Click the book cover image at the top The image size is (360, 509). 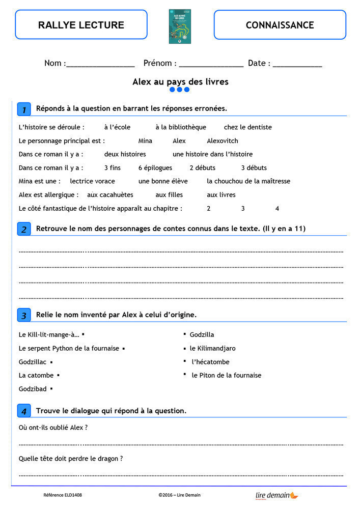180,26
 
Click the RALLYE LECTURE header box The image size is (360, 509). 81,24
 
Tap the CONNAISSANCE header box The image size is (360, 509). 280,24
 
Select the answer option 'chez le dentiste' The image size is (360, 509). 247,127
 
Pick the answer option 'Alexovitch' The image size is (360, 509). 222,141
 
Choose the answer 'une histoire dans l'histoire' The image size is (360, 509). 212,154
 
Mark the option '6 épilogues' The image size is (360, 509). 155,168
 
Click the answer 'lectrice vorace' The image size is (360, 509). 92,181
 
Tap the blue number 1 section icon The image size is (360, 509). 24,109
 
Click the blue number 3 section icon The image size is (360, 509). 24,315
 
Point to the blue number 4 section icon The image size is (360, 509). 24,411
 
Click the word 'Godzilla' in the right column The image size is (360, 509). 202,335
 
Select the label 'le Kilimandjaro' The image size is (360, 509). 212,349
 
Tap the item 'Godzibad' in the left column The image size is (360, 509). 33,389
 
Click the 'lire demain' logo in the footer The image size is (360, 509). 276,495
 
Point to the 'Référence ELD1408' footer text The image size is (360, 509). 63,495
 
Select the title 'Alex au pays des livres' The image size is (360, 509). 180,81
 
